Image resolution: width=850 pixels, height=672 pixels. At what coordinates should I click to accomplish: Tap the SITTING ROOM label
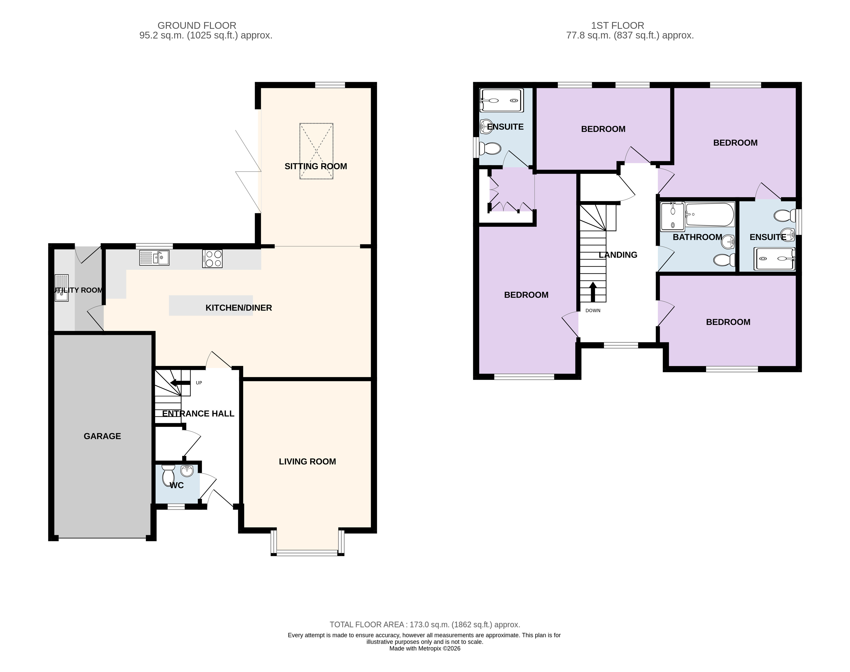(x=316, y=166)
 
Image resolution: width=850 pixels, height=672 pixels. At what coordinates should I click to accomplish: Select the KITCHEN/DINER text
(x=239, y=308)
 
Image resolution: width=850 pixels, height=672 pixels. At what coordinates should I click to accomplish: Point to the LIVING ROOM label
(x=307, y=461)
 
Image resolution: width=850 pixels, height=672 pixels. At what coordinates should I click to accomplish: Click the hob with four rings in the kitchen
(x=212, y=259)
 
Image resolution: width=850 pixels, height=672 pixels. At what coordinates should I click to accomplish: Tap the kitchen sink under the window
(x=154, y=258)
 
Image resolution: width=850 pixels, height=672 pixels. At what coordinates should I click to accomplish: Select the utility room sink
(x=62, y=288)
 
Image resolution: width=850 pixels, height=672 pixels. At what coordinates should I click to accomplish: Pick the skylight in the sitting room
(x=316, y=151)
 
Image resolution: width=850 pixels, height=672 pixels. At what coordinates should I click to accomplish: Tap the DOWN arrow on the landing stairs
(x=592, y=291)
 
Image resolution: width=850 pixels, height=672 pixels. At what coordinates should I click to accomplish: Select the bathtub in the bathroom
(x=710, y=214)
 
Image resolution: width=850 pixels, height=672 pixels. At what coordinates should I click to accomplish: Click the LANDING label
(x=618, y=255)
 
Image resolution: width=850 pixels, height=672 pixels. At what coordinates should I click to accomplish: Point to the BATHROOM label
(x=697, y=237)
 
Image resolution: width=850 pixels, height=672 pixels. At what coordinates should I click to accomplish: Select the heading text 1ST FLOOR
(x=617, y=26)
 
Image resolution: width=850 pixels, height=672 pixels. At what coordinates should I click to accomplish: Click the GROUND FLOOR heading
(x=197, y=26)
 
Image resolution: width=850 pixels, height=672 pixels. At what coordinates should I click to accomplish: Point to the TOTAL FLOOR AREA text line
(x=425, y=624)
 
